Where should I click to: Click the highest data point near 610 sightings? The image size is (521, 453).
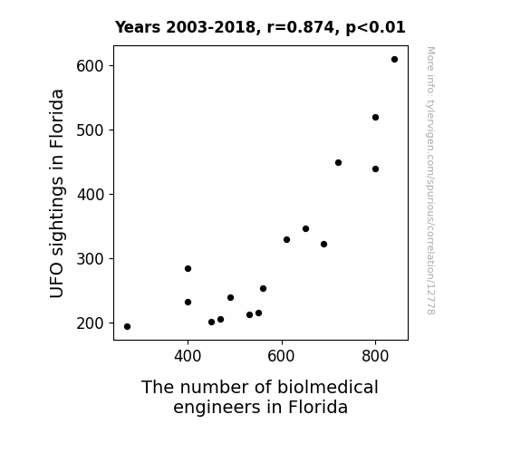click(394, 60)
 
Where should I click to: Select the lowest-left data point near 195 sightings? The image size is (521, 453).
click(127, 327)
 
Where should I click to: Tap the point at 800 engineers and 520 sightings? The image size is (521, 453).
click(375, 117)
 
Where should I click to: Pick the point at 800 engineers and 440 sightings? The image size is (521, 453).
click(375, 169)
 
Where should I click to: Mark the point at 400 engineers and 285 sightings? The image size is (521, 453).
click(188, 268)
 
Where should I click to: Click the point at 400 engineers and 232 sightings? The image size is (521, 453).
click(188, 302)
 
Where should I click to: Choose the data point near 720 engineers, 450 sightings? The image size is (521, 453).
click(338, 162)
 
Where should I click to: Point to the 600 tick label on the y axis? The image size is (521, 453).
click(90, 66)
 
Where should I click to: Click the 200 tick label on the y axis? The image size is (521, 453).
click(90, 323)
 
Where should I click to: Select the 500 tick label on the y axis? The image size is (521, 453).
click(90, 130)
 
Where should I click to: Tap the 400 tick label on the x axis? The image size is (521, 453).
click(188, 356)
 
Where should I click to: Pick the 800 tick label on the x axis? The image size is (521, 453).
click(375, 356)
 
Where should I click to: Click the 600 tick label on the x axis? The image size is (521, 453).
click(282, 356)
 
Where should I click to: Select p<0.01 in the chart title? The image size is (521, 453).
click(376, 28)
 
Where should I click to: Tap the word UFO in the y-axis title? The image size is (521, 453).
click(56, 282)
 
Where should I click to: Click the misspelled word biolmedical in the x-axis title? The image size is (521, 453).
click(328, 387)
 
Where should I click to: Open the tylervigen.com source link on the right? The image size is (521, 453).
click(430, 180)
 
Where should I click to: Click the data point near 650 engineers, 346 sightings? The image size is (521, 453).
click(305, 228)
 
